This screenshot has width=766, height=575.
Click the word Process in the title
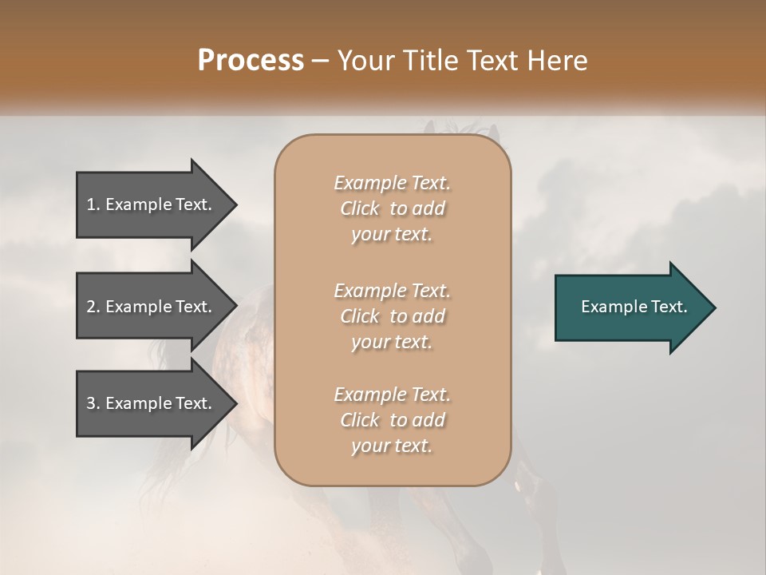(x=251, y=61)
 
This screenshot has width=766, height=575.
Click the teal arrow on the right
(x=630, y=307)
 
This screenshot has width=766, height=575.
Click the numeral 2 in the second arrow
(x=91, y=307)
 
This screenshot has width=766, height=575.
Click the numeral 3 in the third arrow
(x=91, y=403)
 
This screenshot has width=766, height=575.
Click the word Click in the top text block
(x=360, y=209)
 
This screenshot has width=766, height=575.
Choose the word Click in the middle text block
(x=360, y=316)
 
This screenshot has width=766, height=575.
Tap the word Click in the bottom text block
(x=360, y=420)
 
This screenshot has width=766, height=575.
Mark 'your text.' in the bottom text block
(x=392, y=446)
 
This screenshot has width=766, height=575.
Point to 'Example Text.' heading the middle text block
(x=392, y=290)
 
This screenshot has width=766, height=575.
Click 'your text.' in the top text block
(x=392, y=235)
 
